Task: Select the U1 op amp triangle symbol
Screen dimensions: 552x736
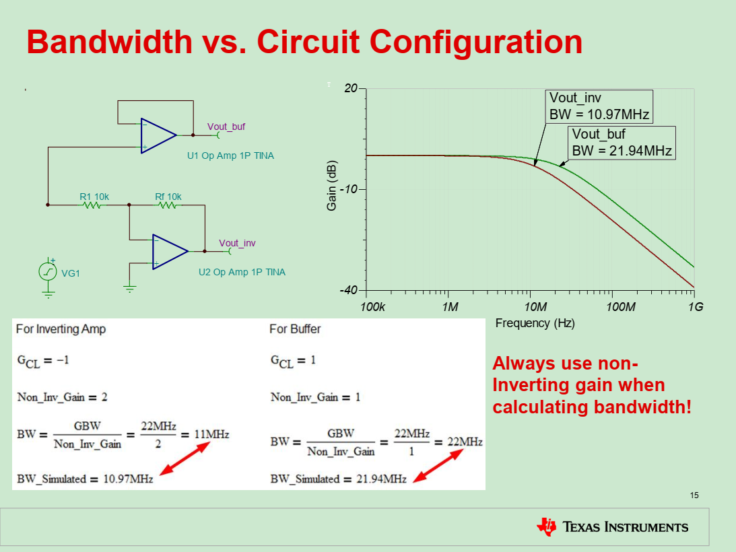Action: (x=156, y=135)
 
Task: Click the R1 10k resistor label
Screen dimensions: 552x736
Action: (x=94, y=197)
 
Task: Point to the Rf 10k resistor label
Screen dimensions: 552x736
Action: (x=168, y=197)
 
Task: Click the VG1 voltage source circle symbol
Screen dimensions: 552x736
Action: (x=48, y=271)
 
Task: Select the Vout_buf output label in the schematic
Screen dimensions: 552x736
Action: (x=226, y=127)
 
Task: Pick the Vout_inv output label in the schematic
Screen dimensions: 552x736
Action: (x=237, y=243)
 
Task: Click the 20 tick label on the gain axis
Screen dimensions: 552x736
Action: (x=351, y=88)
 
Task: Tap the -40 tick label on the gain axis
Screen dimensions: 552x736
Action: (x=348, y=290)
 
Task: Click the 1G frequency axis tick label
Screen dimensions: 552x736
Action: (x=696, y=307)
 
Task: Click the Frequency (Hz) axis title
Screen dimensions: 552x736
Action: (x=535, y=323)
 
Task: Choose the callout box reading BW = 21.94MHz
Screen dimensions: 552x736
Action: (x=622, y=143)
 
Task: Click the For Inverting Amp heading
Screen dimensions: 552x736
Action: (x=61, y=329)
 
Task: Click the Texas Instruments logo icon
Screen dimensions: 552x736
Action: (x=546, y=526)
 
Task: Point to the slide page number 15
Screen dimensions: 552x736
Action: (x=694, y=495)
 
